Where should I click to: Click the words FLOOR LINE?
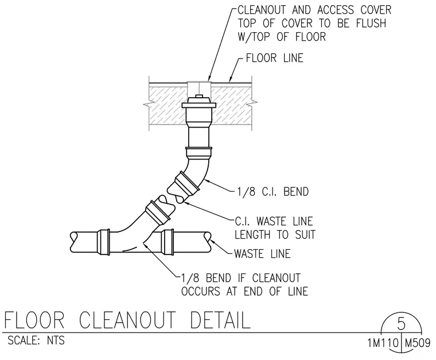[274, 58]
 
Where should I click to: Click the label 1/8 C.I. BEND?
[272, 192]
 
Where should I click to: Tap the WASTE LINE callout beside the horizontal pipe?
[262, 254]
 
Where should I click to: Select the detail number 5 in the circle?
[401, 324]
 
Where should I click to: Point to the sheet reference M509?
[418, 342]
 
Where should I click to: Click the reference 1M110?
[383, 342]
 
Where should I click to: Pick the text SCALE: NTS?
[36, 340]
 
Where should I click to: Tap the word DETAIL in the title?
[220, 320]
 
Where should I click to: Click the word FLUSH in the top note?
[371, 24]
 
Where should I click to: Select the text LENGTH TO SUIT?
[275, 234]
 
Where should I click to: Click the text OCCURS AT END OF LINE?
[245, 291]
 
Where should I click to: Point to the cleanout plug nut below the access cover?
[199, 96]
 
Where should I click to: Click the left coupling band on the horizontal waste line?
[103, 242]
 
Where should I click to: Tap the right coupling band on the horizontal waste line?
[168, 242]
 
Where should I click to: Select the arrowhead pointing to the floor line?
[229, 79]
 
